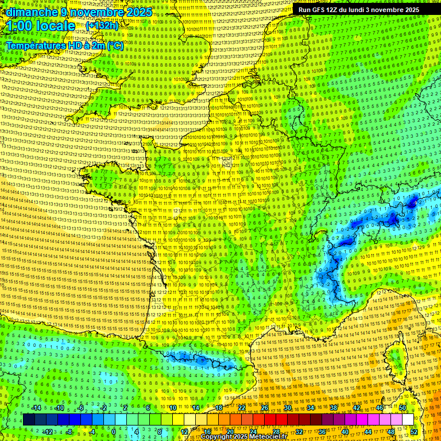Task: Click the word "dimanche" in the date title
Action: tap(29, 12)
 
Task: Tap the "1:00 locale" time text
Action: tap(41, 26)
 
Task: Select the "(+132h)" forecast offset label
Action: tap(102, 26)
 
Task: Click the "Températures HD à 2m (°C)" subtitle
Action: tap(64, 45)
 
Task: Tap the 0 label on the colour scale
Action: tap(114, 431)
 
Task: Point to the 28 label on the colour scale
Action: tap(276, 431)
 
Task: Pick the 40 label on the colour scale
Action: tap(345, 431)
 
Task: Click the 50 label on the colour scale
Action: tap(403, 408)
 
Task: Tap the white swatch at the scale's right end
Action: tap(408, 420)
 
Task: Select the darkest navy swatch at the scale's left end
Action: tap(29, 420)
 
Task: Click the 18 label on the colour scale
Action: tap(218, 408)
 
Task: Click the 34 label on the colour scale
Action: tap(311, 408)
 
